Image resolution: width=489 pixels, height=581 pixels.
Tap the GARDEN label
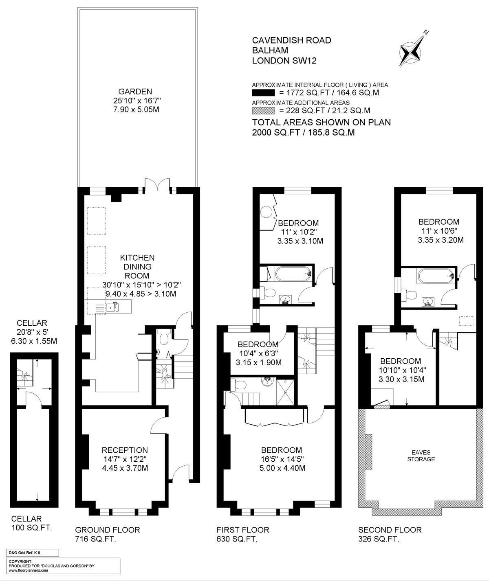click(135, 92)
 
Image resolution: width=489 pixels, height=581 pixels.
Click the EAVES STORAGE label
click(421, 456)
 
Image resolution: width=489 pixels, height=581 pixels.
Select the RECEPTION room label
click(125, 450)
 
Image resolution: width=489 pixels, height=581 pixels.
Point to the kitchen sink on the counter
click(110, 307)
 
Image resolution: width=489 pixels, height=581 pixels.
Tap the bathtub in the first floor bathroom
click(293, 274)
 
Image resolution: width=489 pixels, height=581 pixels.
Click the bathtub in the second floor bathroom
click(435, 276)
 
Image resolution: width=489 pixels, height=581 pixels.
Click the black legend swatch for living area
click(263, 93)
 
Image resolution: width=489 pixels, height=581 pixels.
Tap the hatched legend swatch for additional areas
click(263, 111)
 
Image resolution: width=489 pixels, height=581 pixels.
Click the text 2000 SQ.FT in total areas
click(276, 132)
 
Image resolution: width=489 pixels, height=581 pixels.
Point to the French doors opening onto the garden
click(157, 184)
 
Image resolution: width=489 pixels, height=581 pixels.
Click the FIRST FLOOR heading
click(243, 530)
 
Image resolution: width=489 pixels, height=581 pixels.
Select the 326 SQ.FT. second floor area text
click(379, 539)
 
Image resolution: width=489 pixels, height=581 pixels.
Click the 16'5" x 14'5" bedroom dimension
click(282, 459)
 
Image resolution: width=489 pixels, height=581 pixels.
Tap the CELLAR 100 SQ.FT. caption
click(31, 523)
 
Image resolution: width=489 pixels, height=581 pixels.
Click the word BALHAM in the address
click(270, 50)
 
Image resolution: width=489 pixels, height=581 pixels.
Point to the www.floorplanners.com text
click(28, 570)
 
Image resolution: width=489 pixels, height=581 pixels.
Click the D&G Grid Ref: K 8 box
click(32, 552)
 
